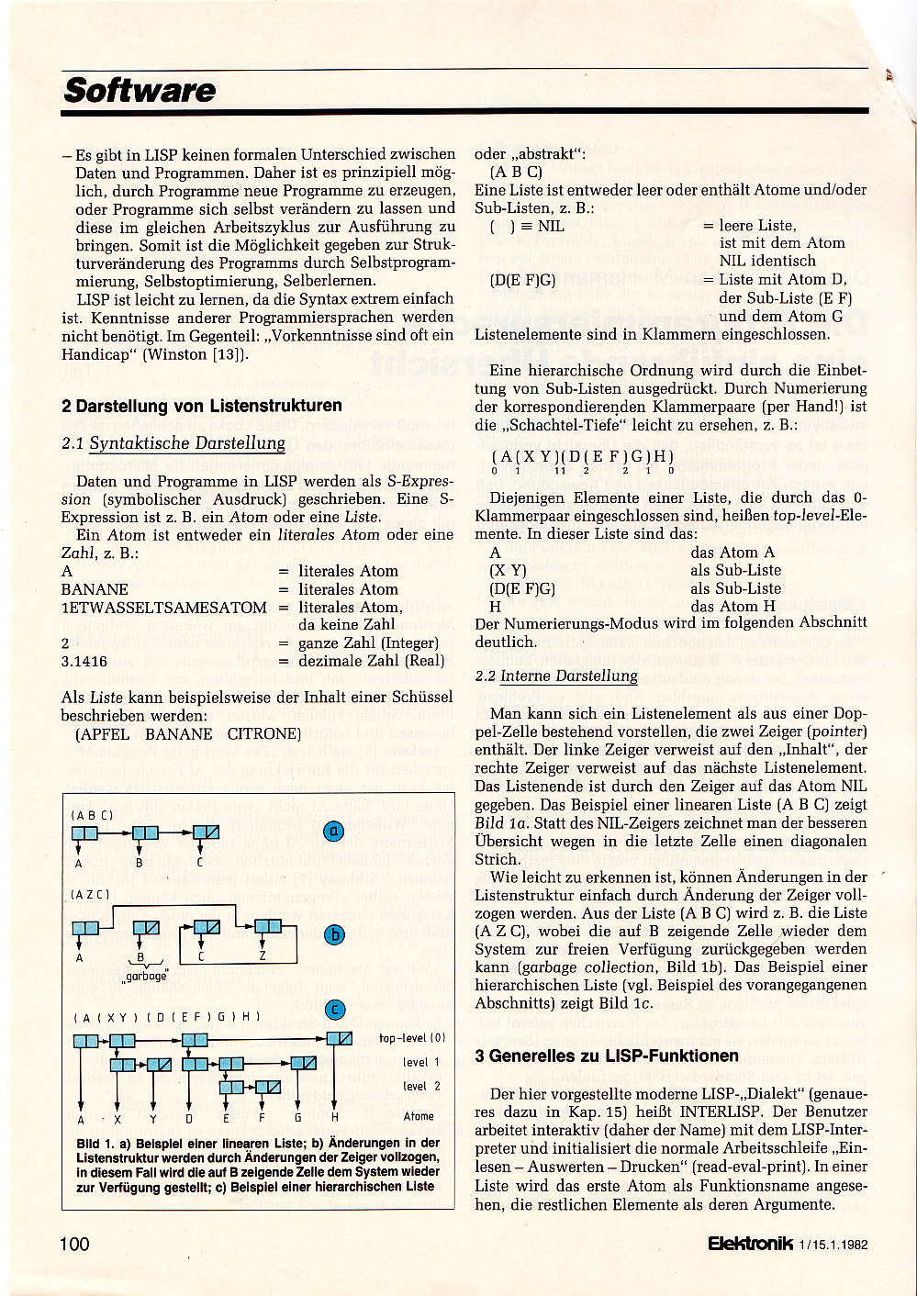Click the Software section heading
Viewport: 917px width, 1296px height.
pyautogui.click(x=140, y=91)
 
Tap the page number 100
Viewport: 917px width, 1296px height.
pyautogui.click(x=74, y=1244)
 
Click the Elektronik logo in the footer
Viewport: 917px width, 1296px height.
pyautogui.click(x=750, y=1244)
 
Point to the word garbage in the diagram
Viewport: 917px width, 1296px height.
pyautogui.click(x=147, y=976)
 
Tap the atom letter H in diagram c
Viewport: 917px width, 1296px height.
pyautogui.click(x=335, y=1118)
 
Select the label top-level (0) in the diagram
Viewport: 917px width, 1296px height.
pyautogui.click(x=412, y=1038)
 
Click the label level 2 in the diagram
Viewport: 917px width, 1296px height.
pyautogui.click(x=421, y=1086)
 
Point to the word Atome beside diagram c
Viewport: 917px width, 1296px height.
pyautogui.click(x=419, y=1116)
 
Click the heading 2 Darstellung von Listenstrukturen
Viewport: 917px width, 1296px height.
pyautogui.click(x=202, y=406)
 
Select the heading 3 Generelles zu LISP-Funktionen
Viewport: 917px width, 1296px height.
pyautogui.click(x=607, y=1056)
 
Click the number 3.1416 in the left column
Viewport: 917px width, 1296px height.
pyautogui.click(x=84, y=661)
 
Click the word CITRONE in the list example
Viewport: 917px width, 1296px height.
pyautogui.click(x=264, y=734)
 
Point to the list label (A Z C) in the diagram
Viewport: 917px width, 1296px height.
pyautogui.click(x=91, y=894)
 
